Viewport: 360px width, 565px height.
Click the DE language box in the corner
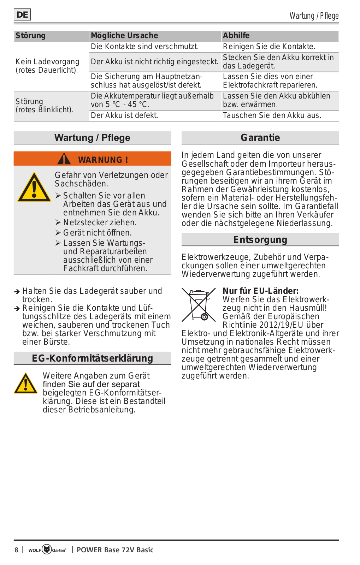[22, 15]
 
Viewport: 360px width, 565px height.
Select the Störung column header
[31, 36]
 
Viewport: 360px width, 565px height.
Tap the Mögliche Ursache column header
[124, 36]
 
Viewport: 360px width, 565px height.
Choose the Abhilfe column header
[236, 36]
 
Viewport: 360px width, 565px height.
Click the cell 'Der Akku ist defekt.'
[124, 115]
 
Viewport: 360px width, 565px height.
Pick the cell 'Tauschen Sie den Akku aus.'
[272, 115]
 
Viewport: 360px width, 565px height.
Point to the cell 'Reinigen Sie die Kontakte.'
[269, 47]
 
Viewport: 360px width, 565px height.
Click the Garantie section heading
[260, 138]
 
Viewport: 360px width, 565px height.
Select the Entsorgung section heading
[260, 240]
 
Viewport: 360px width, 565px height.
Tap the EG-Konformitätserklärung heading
[93, 358]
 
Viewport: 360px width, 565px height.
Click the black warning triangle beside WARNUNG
[64, 159]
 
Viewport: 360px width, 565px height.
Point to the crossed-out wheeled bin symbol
[199, 304]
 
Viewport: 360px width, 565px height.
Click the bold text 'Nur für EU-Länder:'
[260, 291]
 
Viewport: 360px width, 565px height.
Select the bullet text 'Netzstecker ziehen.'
[100, 223]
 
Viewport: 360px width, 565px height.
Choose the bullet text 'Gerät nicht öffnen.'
[98, 233]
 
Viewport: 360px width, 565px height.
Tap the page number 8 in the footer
[16, 550]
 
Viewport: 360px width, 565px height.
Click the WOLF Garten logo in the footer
[47, 549]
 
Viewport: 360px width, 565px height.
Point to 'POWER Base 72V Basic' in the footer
[115, 550]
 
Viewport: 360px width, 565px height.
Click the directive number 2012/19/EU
[281, 325]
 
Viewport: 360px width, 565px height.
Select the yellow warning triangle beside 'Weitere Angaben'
[26, 383]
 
